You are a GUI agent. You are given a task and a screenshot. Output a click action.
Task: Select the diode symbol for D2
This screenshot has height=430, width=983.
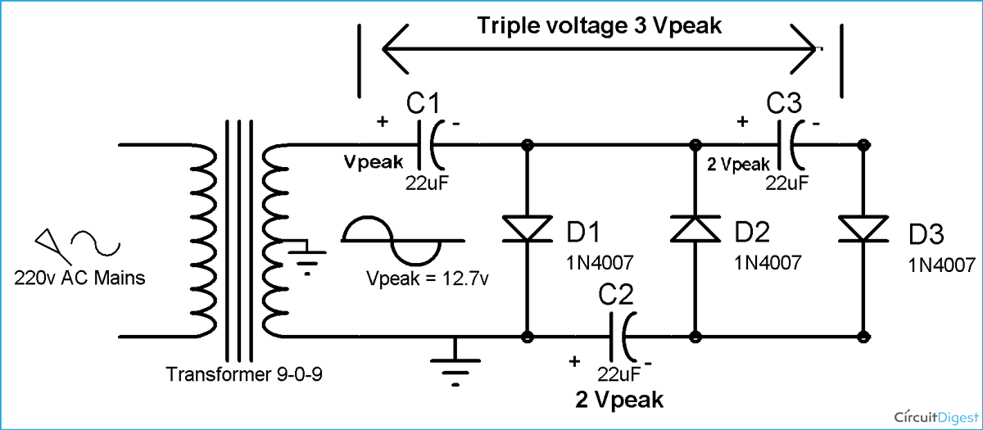pyautogui.click(x=695, y=230)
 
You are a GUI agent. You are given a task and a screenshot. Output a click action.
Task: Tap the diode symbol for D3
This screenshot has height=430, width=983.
pyautogui.click(x=862, y=230)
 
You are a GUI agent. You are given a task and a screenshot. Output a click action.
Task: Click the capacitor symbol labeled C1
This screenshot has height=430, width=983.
pyautogui.click(x=434, y=145)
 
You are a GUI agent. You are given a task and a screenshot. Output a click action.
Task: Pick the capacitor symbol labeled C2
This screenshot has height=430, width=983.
pyautogui.click(x=621, y=336)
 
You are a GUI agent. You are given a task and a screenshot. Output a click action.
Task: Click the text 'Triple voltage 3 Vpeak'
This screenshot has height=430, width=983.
pyautogui.click(x=600, y=25)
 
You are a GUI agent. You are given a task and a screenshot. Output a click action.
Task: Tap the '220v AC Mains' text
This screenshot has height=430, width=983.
pyautogui.click(x=79, y=278)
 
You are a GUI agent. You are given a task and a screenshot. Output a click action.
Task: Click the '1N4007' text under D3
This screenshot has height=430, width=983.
pyautogui.click(x=941, y=265)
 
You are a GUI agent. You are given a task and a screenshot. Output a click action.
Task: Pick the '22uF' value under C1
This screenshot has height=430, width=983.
pyautogui.click(x=424, y=182)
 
